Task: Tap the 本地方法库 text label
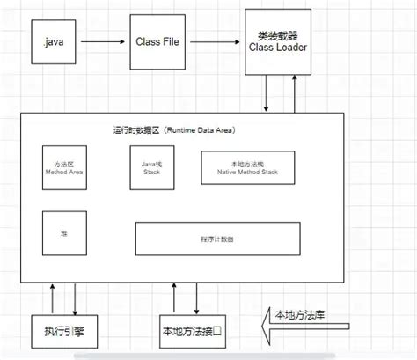[x=299, y=315]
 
